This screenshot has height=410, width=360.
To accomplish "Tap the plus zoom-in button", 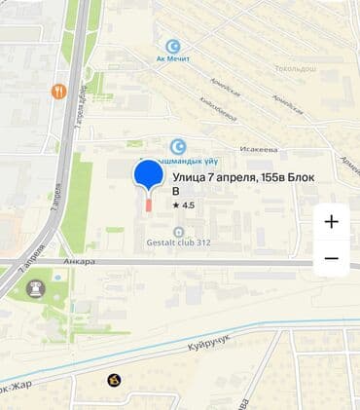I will (x=331, y=221).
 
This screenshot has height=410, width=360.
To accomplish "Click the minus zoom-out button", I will (x=331, y=258).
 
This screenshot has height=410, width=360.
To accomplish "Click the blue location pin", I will (x=149, y=175).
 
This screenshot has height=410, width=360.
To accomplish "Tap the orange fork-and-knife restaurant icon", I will (x=59, y=92).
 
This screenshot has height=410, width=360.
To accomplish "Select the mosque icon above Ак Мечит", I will (x=174, y=46).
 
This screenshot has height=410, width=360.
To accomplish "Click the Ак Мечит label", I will (x=174, y=59).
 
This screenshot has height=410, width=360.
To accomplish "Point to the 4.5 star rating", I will (x=184, y=205).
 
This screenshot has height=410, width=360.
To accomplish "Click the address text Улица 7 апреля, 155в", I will (x=234, y=177).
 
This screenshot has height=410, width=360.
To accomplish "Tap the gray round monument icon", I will (x=37, y=288).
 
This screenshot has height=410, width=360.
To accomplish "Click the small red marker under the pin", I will (x=149, y=203).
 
